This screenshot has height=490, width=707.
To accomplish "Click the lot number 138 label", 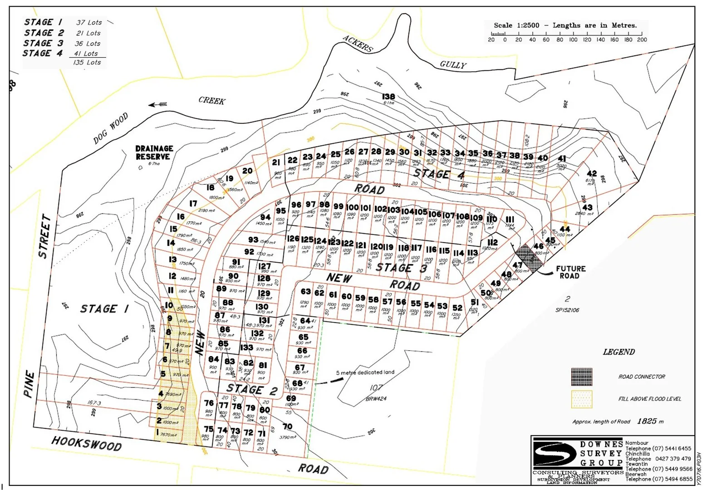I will [388, 97].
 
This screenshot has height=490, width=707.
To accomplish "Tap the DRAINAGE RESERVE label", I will [154, 152].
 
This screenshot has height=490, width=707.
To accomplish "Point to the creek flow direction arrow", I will [157, 104].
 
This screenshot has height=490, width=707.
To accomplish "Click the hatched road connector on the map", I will [529, 257].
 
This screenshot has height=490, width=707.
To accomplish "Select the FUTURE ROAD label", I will [570, 272].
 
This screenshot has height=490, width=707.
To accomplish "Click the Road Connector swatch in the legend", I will [581, 377].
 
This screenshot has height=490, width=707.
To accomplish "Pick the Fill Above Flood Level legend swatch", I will [581, 399].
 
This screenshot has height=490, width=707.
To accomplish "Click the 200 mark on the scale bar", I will [642, 39].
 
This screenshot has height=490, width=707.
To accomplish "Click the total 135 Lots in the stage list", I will [87, 63].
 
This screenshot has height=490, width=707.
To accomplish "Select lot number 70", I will [287, 426].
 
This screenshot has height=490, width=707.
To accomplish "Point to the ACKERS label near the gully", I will [358, 44].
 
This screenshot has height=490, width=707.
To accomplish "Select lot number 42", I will [591, 174].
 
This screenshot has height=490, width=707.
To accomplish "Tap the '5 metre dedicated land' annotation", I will [365, 372].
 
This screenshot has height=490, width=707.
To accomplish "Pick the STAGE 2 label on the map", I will [251, 389].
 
